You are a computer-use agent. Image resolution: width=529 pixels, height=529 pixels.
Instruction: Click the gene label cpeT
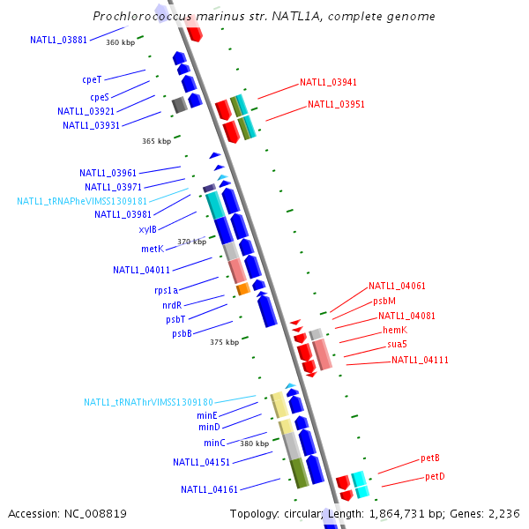click(93, 79)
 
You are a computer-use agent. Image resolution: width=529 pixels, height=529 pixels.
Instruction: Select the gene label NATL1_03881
click(58, 40)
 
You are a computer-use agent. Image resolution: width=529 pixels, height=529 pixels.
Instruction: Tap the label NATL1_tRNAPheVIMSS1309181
click(82, 201)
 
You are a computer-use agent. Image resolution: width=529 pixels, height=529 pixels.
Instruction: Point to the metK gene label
click(152, 249)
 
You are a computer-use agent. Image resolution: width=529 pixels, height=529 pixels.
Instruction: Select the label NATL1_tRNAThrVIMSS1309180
click(148, 402)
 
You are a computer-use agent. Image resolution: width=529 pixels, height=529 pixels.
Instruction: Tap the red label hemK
click(395, 330)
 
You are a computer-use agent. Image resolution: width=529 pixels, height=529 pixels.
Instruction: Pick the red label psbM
click(384, 301)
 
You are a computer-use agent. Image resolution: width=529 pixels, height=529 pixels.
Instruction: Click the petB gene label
click(429, 458)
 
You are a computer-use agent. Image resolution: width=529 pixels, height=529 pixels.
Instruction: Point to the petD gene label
click(435, 476)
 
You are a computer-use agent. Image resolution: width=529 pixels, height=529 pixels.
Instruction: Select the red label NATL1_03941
click(328, 82)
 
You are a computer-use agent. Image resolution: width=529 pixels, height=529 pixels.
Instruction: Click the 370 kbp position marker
click(191, 242)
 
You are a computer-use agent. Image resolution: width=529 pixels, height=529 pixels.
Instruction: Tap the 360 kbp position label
click(121, 42)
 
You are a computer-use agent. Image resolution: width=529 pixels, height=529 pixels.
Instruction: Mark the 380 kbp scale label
click(254, 443)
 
